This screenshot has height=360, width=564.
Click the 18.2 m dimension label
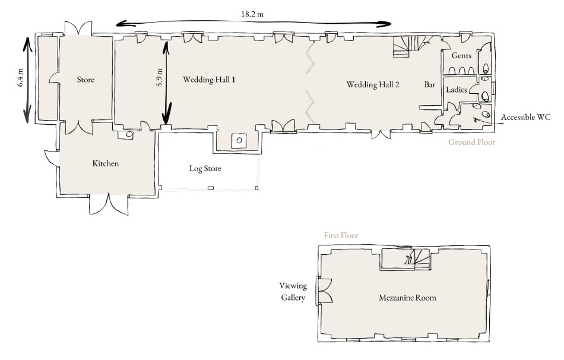point(252,14)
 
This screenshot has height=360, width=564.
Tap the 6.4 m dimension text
point(20,77)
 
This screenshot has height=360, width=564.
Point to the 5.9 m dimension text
point(160,77)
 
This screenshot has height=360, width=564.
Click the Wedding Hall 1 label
point(209,80)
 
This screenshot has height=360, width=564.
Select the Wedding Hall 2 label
point(373,84)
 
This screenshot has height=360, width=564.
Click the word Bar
point(430,84)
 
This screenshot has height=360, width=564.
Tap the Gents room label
point(461,55)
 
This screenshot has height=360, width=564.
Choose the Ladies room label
point(457,89)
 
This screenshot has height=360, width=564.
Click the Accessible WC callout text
point(525,117)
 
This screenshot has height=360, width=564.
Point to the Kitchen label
point(106,163)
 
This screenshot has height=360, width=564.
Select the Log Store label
point(205,169)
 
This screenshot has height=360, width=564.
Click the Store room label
point(85,80)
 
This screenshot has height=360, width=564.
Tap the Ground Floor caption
point(471,142)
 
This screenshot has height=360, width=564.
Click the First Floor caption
point(341,235)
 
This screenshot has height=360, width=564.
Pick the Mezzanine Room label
point(407,298)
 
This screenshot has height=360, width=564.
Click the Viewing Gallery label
point(293,292)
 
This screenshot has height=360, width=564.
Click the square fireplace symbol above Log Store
point(239,140)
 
